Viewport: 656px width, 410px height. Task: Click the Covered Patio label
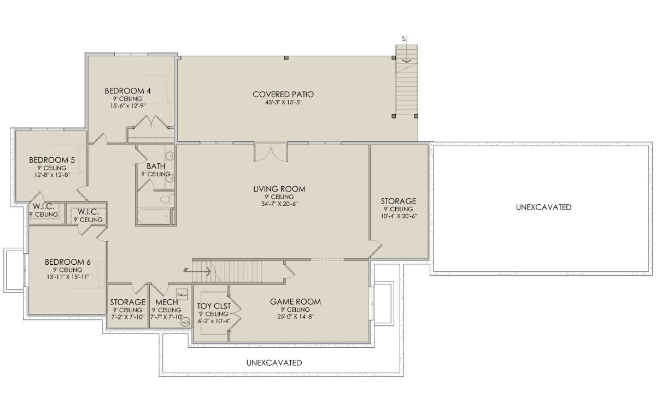pos(283,94)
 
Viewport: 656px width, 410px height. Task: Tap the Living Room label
pos(279,189)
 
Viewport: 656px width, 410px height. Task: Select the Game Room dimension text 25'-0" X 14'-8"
pos(296,317)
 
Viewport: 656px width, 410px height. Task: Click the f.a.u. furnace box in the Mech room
pos(182,294)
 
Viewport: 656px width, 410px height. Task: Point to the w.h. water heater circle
pos(186,322)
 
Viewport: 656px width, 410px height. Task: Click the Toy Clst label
pos(214,306)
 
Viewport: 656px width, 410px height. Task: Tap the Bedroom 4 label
pos(128,91)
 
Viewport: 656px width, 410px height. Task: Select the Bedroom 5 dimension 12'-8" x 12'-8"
pos(52,175)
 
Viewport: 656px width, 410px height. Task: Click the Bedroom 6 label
pos(68,262)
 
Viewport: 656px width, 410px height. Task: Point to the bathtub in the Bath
pos(154,216)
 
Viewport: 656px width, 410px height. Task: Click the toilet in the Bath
pos(167,199)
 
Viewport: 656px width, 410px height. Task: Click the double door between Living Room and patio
pos(271,152)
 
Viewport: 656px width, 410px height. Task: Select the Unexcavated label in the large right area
pos(543,207)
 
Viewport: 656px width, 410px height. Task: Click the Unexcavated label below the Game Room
pos(274,363)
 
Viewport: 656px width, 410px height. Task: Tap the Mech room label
pos(167,302)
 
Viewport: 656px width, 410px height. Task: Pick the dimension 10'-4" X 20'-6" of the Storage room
pos(399,216)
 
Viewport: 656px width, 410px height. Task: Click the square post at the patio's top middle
pos(286,58)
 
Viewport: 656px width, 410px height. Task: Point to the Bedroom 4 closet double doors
pos(150,122)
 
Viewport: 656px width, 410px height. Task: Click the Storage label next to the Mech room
pos(128,302)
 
